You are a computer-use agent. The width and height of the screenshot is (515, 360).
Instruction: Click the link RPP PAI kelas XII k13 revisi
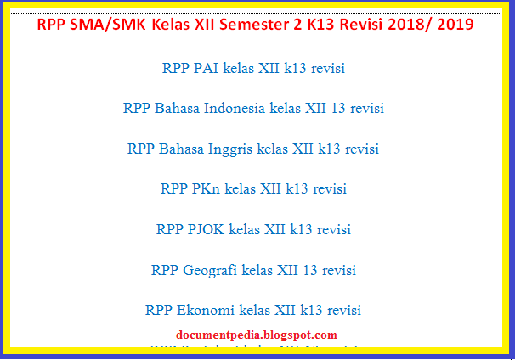[x=253, y=69]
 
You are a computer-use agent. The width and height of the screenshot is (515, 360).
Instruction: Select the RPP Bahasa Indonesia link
[x=253, y=109]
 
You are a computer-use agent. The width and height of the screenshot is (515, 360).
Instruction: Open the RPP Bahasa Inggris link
[x=253, y=149]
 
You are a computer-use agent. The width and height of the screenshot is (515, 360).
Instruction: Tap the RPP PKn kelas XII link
[x=253, y=188]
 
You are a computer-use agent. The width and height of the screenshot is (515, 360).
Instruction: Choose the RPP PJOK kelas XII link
[x=253, y=229]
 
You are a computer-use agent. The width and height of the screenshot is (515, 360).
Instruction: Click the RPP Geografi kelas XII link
[x=253, y=270]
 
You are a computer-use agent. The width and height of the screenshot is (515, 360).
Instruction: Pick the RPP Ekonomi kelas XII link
[x=253, y=310]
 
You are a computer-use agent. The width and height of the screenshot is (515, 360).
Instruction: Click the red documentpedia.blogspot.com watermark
[x=257, y=335]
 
